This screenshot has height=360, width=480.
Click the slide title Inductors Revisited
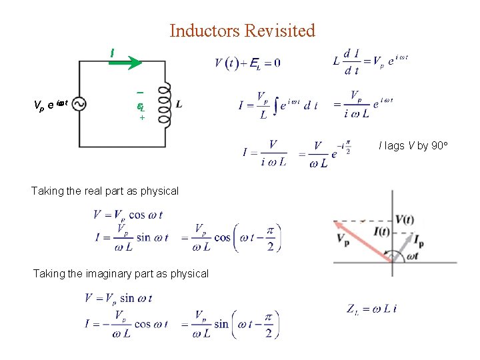242,31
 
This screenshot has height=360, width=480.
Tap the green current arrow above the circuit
126,63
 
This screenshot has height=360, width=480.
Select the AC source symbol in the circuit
79,104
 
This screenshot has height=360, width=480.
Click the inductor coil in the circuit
163,104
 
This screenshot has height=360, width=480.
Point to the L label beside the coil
179,104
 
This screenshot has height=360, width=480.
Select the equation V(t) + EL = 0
247,63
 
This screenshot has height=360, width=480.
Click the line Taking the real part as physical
105,191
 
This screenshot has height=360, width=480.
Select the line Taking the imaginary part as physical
121,273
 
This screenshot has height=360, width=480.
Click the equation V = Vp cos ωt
128,215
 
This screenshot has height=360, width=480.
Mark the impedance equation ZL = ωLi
372,308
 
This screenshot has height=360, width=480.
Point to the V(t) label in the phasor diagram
406,221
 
